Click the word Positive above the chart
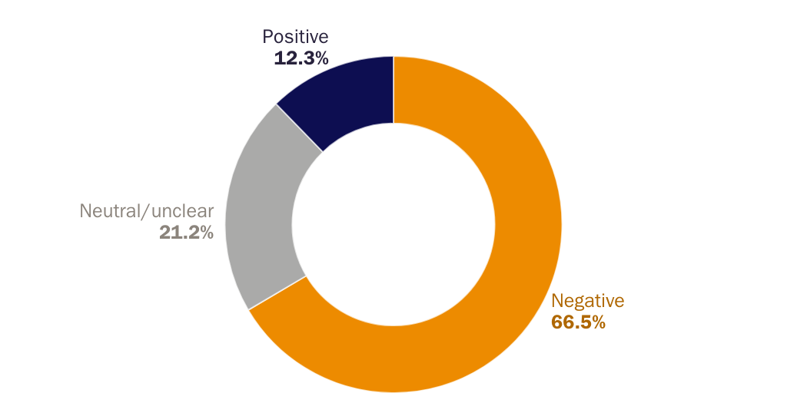coord(295,37)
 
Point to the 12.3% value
coord(301,58)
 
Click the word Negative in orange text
coord(588,301)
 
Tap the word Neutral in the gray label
coord(106,211)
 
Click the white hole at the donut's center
coord(393,224)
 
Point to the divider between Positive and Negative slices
coord(393,89)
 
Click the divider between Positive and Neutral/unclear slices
coord(300,127)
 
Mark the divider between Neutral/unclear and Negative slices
coord(277,292)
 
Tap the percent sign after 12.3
coord(320,58)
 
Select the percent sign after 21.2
coord(205,233)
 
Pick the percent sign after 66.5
coord(597,322)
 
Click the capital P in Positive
coord(267,37)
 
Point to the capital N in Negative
coord(557,301)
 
